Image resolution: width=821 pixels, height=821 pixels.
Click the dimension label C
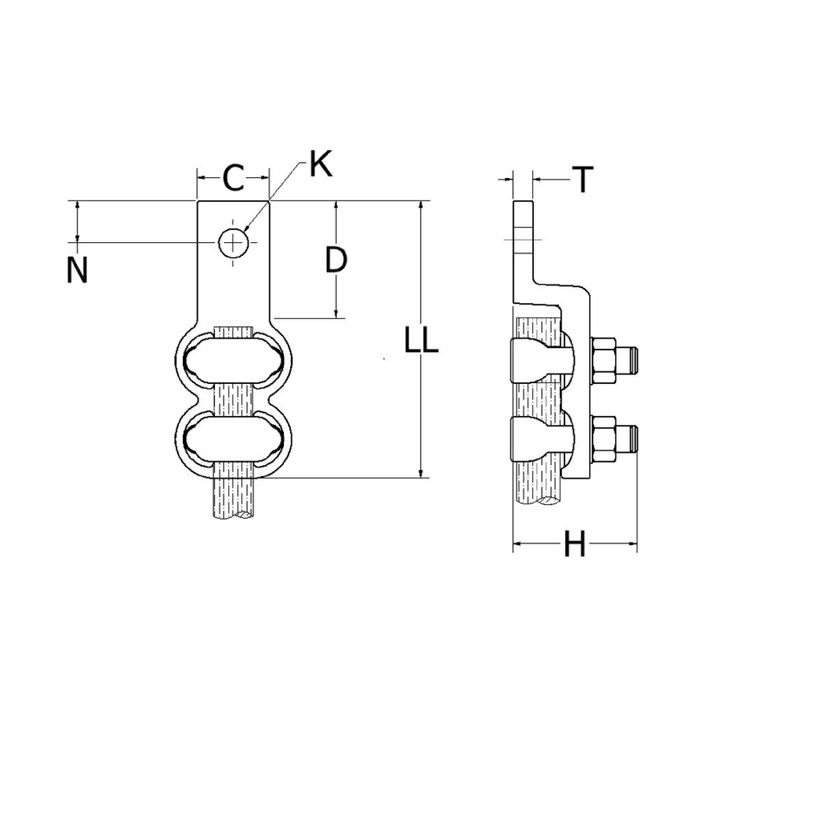233,178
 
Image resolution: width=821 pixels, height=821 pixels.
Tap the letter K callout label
320,164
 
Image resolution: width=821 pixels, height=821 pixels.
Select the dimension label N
77,271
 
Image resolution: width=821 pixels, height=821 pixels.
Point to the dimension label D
336,260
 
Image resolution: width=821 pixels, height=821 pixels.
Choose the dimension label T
583,180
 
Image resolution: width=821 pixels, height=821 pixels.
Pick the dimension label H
574,545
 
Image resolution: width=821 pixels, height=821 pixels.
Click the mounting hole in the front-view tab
233,241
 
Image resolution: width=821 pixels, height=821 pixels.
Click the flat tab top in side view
523,216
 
